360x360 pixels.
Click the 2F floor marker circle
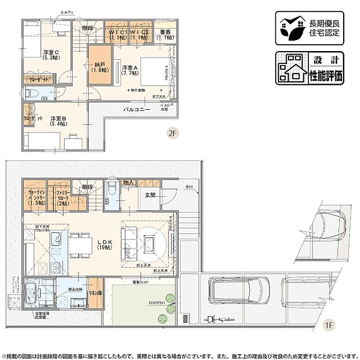171,132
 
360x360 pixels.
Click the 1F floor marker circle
329,325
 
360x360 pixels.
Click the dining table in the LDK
78,244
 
